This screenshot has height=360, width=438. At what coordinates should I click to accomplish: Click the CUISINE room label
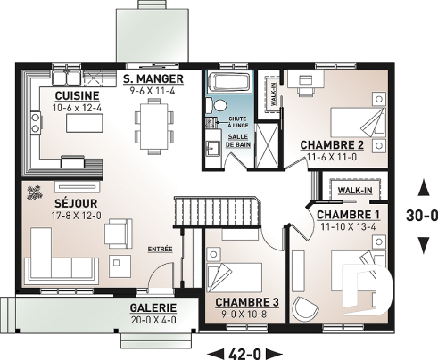click(70, 95)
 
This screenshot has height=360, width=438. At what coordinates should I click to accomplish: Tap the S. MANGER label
click(153, 78)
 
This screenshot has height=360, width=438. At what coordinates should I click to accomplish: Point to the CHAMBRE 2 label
click(332, 144)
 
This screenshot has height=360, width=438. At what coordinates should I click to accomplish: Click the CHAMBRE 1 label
click(348, 215)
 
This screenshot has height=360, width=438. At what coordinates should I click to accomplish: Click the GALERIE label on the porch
click(153, 307)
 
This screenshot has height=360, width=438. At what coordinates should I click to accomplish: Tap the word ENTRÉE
click(161, 249)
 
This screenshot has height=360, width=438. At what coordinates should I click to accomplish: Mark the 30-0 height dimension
click(422, 215)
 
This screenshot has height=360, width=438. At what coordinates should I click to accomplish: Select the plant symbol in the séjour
click(37, 190)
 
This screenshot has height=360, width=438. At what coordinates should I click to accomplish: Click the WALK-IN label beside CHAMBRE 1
click(354, 190)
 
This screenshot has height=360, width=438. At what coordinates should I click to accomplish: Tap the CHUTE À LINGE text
click(237, 121)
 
